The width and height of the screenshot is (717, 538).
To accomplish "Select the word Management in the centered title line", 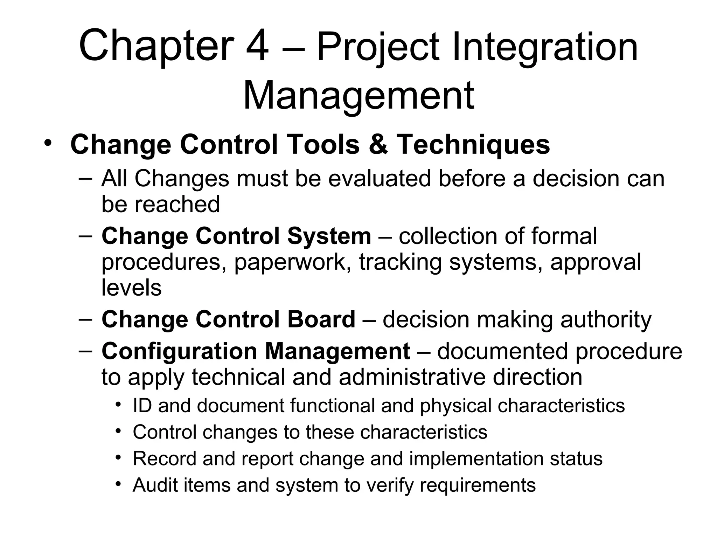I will [x=358, y=95].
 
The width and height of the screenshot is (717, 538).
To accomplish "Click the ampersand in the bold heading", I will [x=378, y=144].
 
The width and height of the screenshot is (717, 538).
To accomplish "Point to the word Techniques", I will [x=473, y=144].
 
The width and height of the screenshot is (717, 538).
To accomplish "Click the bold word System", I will [x=329, y=236].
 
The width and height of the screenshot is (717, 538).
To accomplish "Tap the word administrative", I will [x=412, y=377].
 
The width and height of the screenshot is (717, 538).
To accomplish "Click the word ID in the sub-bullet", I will [x=142, y=406].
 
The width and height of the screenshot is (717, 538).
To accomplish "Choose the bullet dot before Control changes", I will [x=119, y=430].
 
